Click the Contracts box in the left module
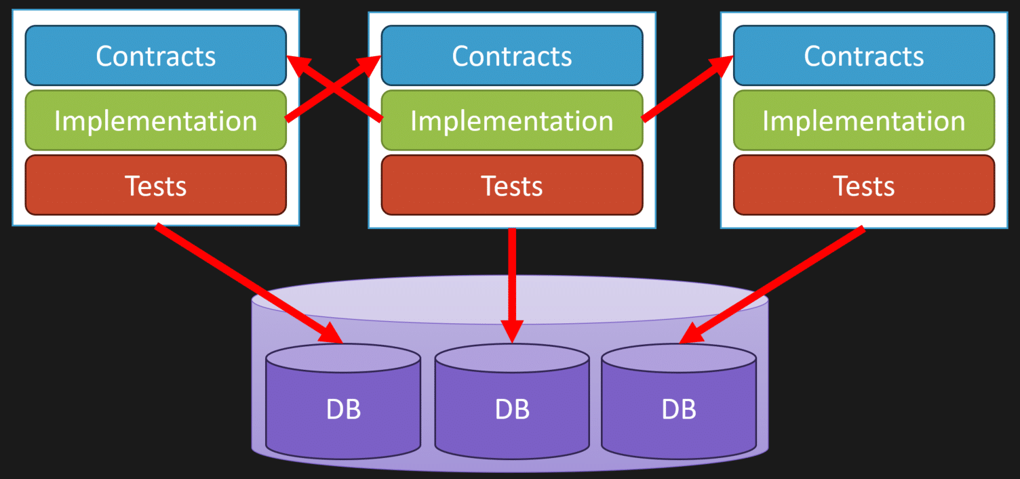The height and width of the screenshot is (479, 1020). click(x=156, y=56)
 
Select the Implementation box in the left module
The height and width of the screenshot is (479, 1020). click(x=156, y=121)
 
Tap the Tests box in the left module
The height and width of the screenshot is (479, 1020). click(x=156, y=185)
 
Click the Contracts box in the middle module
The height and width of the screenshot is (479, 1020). click(x=512, y=56)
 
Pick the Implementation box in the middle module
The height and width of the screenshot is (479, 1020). click(x=512, y=121)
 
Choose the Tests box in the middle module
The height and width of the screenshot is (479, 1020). click(x=512, y=185)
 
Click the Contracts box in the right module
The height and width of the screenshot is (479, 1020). click(x=864, y=56)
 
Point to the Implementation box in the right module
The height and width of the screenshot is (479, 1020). click(x=864, y=121)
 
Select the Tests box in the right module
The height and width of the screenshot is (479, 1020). click(x=864, y=185)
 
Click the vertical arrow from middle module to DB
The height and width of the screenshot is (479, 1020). click(x=512, y=286)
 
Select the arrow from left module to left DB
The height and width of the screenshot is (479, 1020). click(x=249, y=283)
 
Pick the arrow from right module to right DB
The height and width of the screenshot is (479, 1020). click(x=772, y=285)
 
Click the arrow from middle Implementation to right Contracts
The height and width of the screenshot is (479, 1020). click(x=687, y=88)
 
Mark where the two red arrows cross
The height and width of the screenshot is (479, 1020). click(x=334, y=88)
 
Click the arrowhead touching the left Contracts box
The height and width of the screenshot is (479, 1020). click(x=299, y=64)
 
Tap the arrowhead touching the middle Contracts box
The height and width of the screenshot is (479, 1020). click(x=370, y=65)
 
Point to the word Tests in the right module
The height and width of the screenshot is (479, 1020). click(x=864, y=186)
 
